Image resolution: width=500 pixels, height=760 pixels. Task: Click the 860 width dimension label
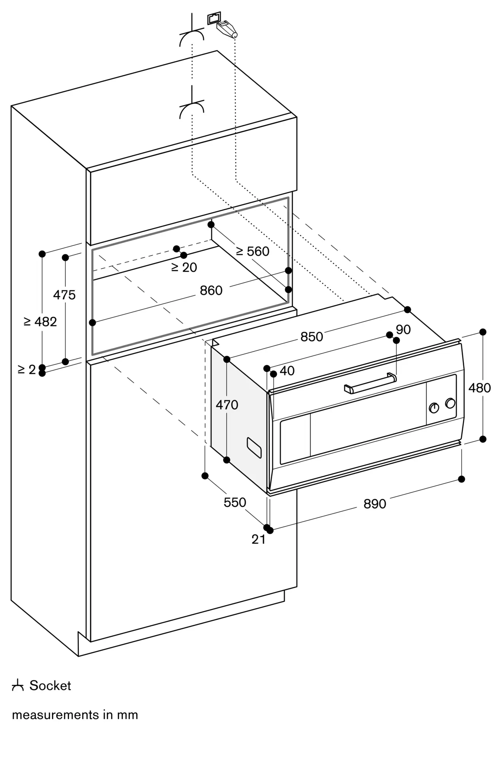211,291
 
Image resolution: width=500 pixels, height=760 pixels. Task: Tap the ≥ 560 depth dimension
252,252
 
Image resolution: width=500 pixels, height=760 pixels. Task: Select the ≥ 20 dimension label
184,268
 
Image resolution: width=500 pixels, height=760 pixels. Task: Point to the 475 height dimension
64,295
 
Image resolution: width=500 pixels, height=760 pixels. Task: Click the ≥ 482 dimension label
40,322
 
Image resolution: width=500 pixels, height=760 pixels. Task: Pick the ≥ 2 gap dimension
27,369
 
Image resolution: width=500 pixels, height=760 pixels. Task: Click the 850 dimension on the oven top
311,337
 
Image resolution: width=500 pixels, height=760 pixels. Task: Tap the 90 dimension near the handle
403,329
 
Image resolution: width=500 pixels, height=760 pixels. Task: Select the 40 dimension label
287,371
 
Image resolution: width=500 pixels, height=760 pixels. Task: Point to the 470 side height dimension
227,405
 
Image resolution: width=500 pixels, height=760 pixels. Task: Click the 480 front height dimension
479,388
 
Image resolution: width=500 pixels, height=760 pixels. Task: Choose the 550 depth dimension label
235,503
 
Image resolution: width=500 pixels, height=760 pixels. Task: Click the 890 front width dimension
375,504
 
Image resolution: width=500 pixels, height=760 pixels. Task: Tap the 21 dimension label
259,539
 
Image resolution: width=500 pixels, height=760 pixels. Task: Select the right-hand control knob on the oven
450,403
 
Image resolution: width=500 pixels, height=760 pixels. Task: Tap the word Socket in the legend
50,686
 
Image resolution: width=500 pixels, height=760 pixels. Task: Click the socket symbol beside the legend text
17,686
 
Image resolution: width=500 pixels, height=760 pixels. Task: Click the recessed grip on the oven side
254,448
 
